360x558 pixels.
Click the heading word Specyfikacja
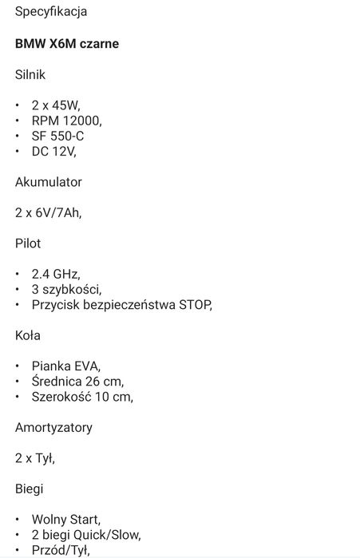coord(51,13)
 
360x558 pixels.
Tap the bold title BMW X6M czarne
coord(67,45)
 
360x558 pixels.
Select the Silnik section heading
coord(31,75)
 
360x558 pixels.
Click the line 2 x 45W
coord(56,105)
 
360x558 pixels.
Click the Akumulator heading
coord(49,182)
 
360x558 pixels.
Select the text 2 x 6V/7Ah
coord(48,212)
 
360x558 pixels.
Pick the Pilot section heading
coord(28,243)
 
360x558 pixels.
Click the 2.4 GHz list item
coord(56,274)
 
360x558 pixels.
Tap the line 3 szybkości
coord(66,289)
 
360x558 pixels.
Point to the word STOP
coord(195,304)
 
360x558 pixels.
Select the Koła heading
coord(28,335)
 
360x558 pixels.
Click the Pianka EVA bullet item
coord(66,366)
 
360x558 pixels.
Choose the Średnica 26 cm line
coord(77,381)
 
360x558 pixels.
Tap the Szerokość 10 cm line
coord(81,396)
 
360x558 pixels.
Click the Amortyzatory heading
coord(53,427)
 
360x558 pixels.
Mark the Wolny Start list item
coord(66,519)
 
